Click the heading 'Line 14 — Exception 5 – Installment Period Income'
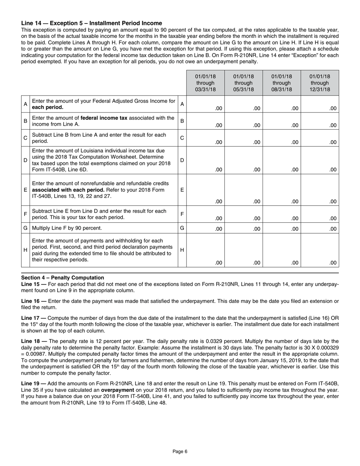(x=91, y=23)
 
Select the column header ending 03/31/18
(x=205, y=83)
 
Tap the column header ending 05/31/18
(x=243, y=83)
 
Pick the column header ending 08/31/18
(x=282, y=83)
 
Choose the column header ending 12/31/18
(x=320, y=83)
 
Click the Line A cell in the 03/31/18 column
(x=205, y=104)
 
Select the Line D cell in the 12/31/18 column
(x=320, y=160)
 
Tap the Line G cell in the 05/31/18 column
(x=243, y=229)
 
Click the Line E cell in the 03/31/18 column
(x=205, y=190)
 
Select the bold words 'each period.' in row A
(x=48, y=107)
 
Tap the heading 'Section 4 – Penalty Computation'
(x=63, y=278)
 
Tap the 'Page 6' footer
(x=180, y=451)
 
